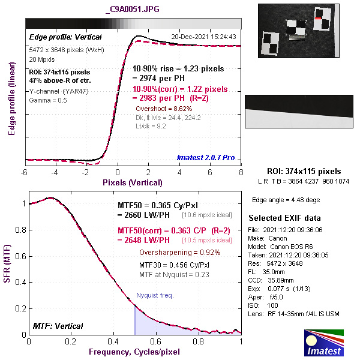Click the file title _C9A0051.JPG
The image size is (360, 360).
132,10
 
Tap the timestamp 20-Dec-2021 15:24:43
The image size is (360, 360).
203,37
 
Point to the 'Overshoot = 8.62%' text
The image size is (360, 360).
163,109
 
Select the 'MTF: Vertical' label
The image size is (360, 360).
57,326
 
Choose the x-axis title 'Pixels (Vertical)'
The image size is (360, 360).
132,182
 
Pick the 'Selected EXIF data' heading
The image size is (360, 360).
285,218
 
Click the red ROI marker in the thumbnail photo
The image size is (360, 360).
317,20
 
